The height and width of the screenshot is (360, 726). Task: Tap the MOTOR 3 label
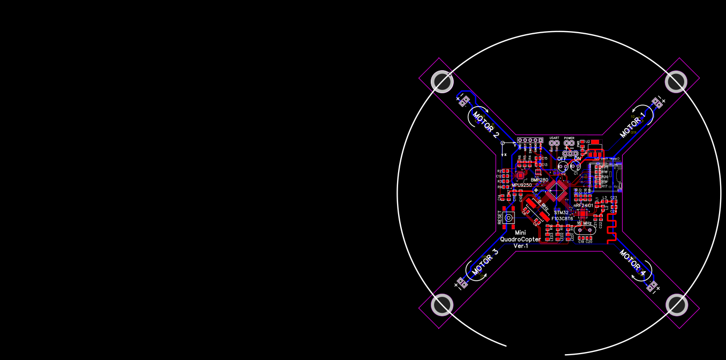485,262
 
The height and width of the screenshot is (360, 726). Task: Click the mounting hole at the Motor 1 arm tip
676,82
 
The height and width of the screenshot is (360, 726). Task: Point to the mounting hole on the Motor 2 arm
442,82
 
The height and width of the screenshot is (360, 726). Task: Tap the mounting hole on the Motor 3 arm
442,305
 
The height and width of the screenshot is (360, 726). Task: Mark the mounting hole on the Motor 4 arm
677,305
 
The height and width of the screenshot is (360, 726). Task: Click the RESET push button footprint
133,217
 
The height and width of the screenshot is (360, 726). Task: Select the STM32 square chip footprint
558,190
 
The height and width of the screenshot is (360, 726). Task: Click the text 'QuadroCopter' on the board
520,239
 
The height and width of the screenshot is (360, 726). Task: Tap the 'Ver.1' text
521,246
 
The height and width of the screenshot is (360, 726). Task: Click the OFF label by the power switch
562,159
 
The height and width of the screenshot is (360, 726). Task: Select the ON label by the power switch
577,159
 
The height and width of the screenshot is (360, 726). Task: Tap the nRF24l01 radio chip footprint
583,213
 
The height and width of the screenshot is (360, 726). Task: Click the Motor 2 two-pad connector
465,100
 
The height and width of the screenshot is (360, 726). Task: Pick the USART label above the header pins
554,138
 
